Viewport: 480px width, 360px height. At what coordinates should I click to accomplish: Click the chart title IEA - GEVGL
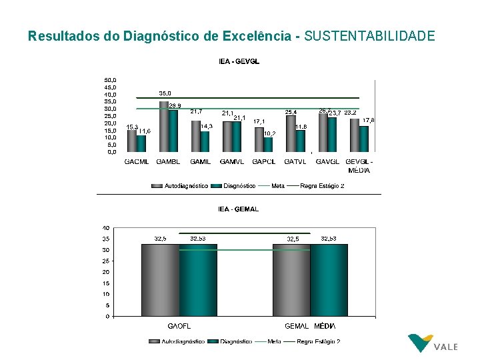pyautogui.click(x=239, y=61)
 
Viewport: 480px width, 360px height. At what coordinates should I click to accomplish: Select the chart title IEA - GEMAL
pyautogui.click(x=239, y=209)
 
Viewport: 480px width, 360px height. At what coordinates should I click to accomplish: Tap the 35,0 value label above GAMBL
pyautogui.click(x=165, y=93)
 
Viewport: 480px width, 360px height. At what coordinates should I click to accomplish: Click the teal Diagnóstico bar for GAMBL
pyautogui.click(x=173, y=131)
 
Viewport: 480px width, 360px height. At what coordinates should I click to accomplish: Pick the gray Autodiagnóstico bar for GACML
pyautogui.click(x=132, y=141)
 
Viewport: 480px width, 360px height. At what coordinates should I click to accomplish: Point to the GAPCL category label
pyautogui.click(x=264, y=162)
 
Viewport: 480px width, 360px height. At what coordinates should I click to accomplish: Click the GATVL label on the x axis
pyautogui.click(x=295, y=162)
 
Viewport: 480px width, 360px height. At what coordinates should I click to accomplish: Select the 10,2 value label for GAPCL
pyautogui.click(x=269, y=133)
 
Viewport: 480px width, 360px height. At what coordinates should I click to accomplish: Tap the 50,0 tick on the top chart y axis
pyautogui.click(x=109, y=79)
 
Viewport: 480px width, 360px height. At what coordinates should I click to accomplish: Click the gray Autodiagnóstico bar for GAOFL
pyautogui.click(x=160, y=280)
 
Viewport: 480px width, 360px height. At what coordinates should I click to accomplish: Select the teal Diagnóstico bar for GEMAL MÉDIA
pyautogui.click(x=329, y=280)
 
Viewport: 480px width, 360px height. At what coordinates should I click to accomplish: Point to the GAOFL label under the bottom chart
pyautogui.click(x=179, y=326)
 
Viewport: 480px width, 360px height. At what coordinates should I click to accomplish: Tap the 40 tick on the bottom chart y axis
pyautogui.click(x=106, y=229)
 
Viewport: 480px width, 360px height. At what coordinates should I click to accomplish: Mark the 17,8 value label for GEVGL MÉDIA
pyautogui.click(x=368, y=121)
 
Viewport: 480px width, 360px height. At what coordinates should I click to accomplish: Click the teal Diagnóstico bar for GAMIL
pyautogui.click(x=205, y=141)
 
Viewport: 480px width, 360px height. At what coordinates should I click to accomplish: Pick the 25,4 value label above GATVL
pyautogui.click(x=291, y=112)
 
